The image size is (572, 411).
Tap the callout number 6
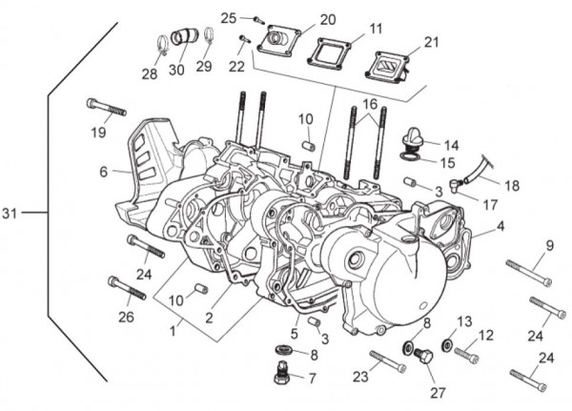[103, 172]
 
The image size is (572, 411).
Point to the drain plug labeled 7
[282, 374]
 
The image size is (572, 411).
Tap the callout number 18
[512, 186]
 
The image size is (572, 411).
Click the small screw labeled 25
[255, 18]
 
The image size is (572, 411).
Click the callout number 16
[369, 102]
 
